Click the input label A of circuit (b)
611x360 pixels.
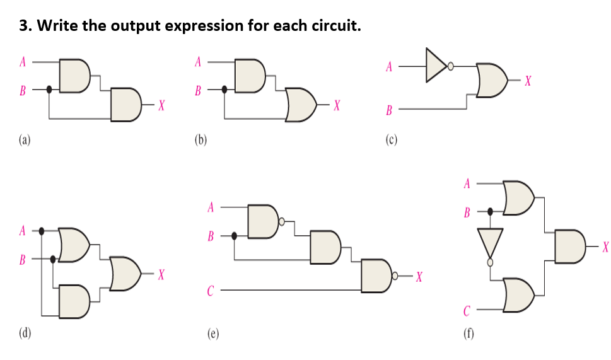(197, 62)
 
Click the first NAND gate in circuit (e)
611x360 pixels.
(264, 221)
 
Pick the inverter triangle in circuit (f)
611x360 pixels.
(490, 243)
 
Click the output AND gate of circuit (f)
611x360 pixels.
(569, 245)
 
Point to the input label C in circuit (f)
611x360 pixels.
(467, 310)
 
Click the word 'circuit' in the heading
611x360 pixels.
(329, 26)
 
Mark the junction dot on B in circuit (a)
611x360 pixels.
(50, 90)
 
